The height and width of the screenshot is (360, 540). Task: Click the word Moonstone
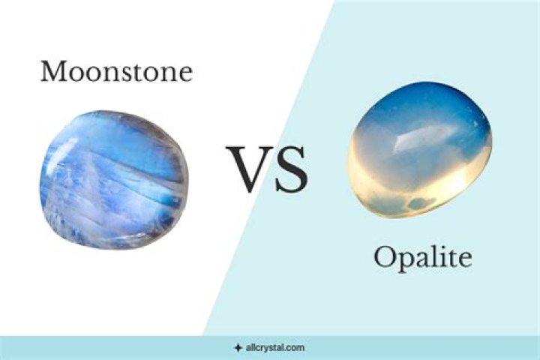[116, 72]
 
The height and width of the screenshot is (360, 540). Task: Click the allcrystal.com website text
[274, 348]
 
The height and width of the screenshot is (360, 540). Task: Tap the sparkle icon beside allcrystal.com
[238, 348]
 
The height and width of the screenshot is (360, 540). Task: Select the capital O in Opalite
[384, 259]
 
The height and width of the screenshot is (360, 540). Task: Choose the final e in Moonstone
[184, 73]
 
